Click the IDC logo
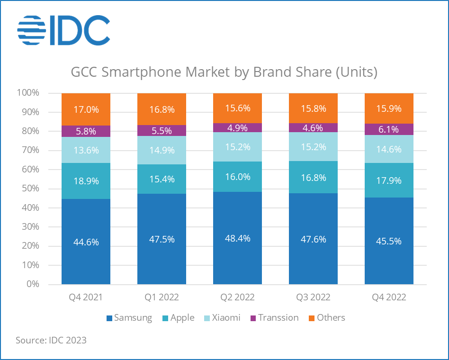click(x=63, y=30)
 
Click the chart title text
click(x=224, y=72)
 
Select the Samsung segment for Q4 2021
click(x=86, y=242)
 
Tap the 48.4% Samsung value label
click(x=238, y=238)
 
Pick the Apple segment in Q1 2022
click(x=162, y=179)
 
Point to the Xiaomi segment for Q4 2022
click(x=389, y=149)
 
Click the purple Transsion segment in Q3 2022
click(x=313, y=128)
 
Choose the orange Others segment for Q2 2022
click(x=237, y=108)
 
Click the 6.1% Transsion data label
click(x=388, y=129)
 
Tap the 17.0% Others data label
click(x=86, y=109)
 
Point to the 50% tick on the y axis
click(x=30, y=189)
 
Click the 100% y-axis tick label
click(x=28, y=93)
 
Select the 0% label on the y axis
click(x=33, y=284)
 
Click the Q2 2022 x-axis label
click(x=237, y=297)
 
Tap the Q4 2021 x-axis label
click(x=86, y=297)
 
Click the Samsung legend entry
click(x=129, y=318)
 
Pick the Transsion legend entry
click(x=274, y=318)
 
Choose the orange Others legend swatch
click(x=312, y=318)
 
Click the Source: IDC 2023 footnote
click(x=51, y=340)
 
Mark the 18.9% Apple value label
click(x=86, y=181)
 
